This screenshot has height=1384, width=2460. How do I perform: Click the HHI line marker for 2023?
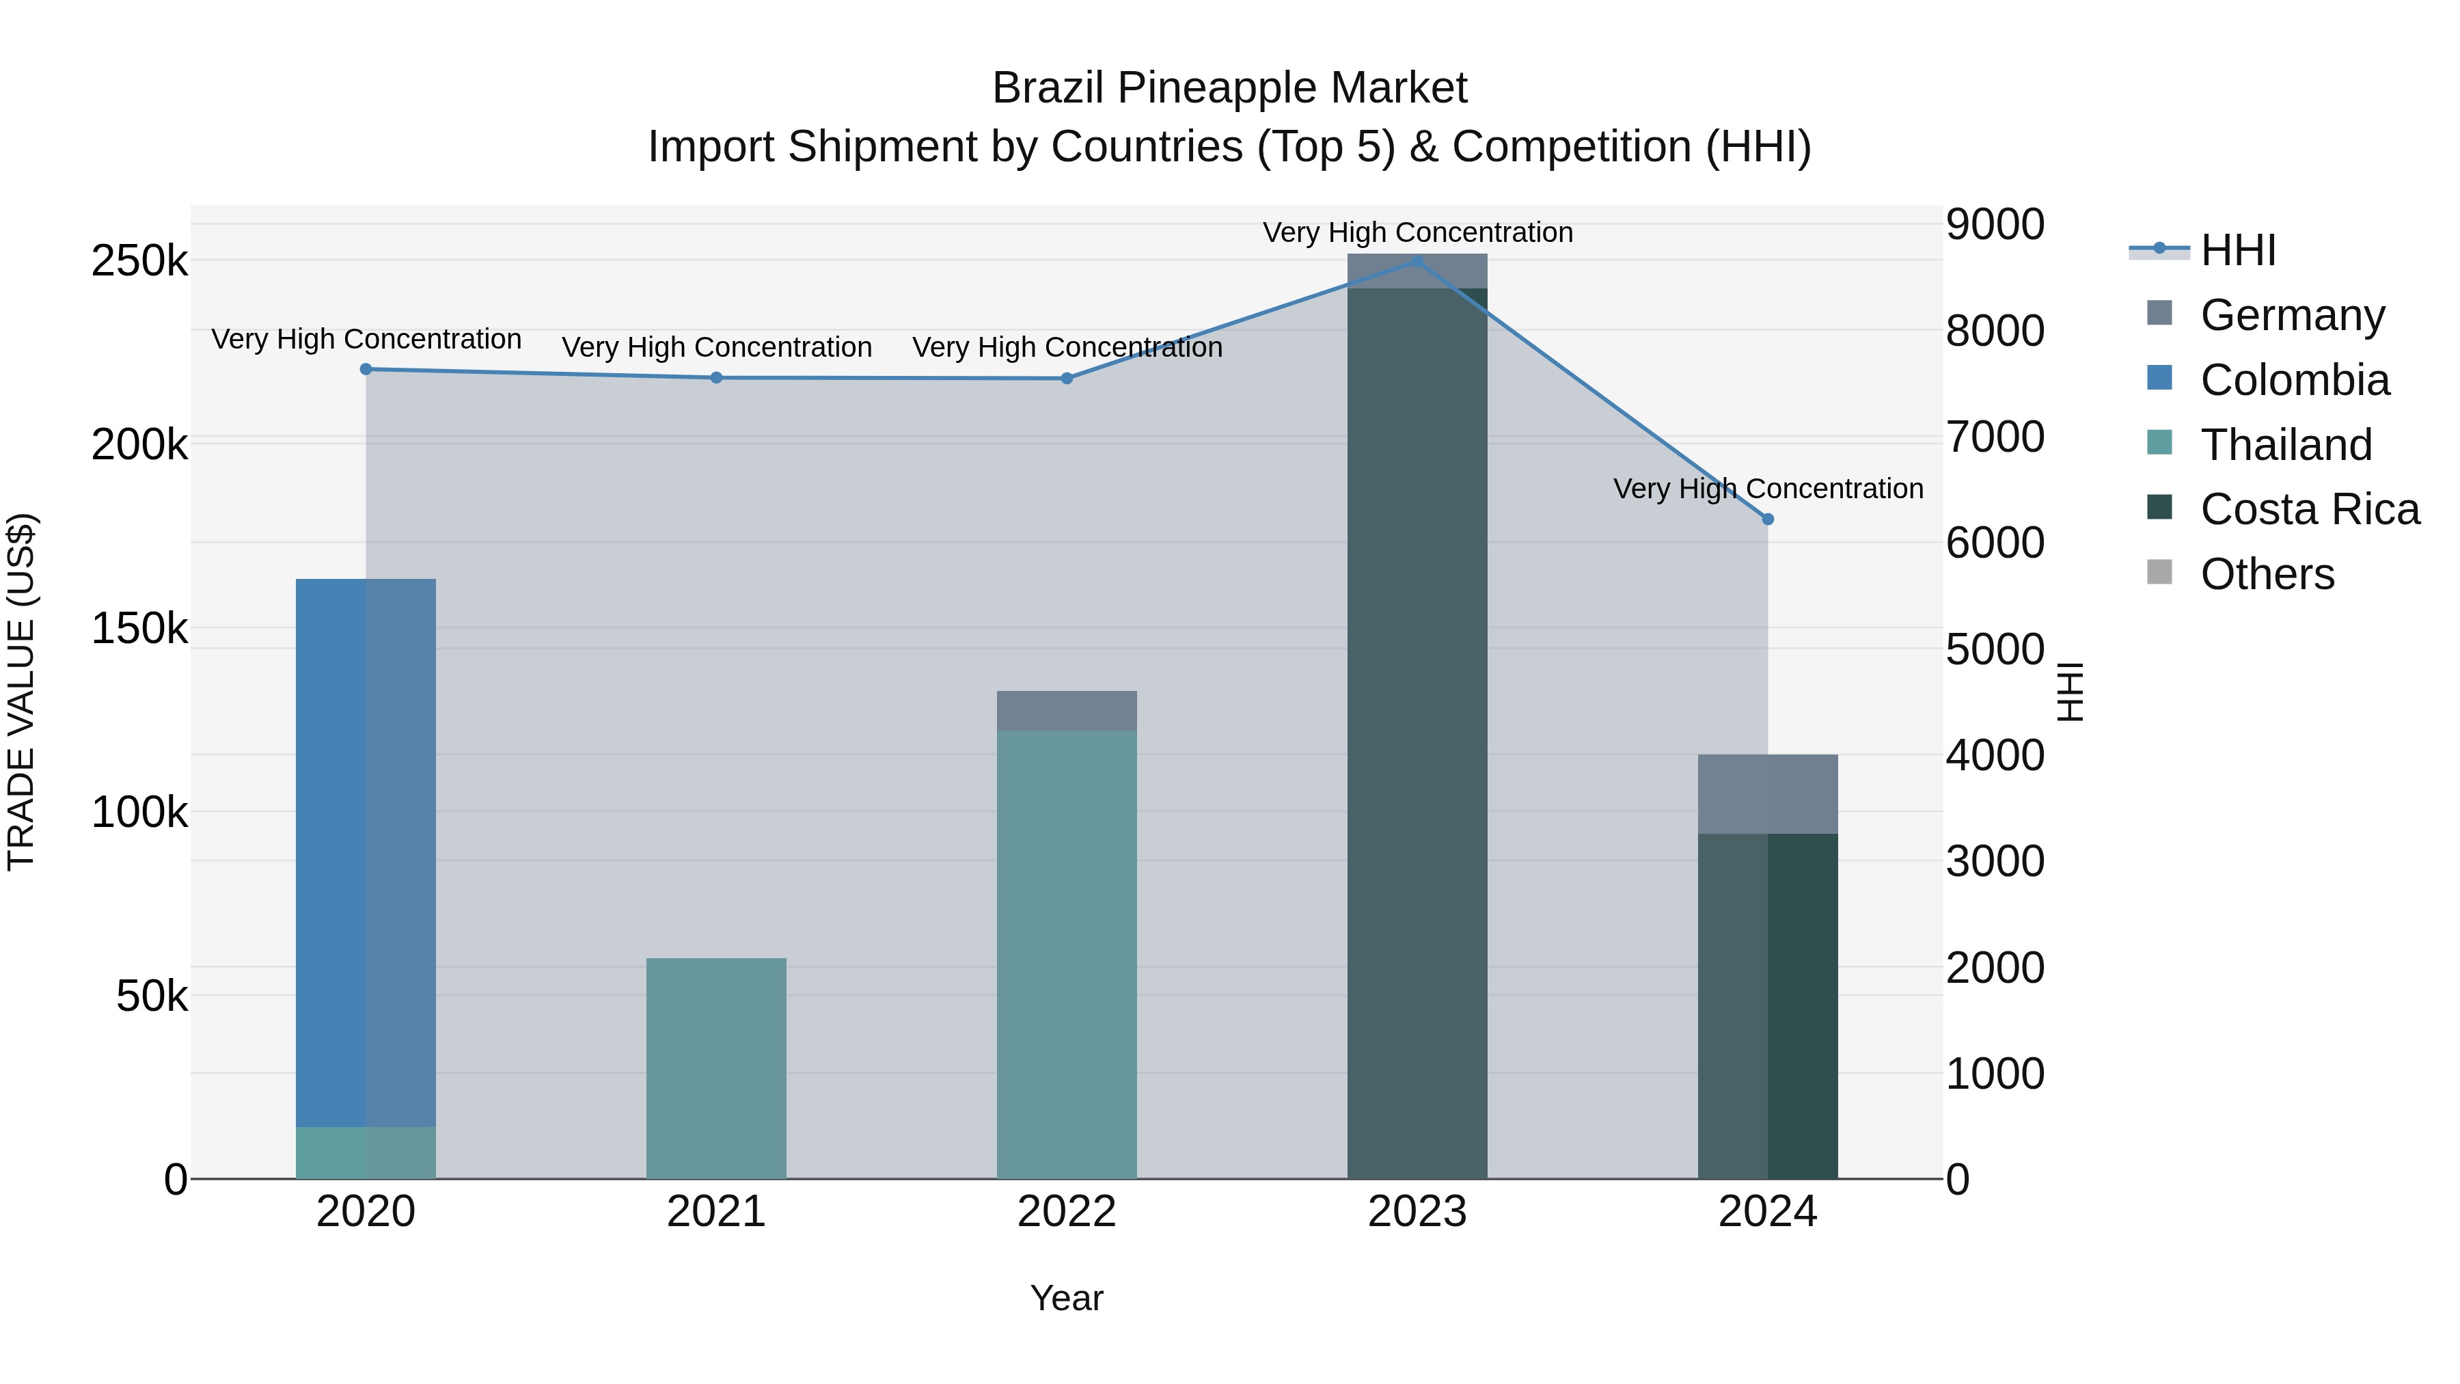coord(1417,262)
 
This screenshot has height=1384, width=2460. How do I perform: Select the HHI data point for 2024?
coord(1768,519)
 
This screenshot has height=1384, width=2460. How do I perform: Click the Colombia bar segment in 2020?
coord(366,850)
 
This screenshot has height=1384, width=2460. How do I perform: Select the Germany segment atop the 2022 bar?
coord(1067,711)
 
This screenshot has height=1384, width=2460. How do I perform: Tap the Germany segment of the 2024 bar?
coord(1768,793)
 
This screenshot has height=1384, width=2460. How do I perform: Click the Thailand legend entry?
coord(2284,445)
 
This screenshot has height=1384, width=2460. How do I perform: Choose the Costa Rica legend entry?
coord(2308,510)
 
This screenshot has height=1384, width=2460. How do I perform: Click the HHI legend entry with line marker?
coord(2237,250)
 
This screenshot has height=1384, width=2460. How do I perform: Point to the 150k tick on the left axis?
coord(139,629)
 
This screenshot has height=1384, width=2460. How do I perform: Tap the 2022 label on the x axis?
coord(1067,1212)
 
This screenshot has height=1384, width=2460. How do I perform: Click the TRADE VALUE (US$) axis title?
coord(21,692)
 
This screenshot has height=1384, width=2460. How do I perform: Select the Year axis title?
coord(1067,1298)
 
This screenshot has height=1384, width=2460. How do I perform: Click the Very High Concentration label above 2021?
coord(716,348)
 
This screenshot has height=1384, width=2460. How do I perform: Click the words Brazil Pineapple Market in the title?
coord(1229,88)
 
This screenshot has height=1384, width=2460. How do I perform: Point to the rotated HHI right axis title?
coord(2068,692)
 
